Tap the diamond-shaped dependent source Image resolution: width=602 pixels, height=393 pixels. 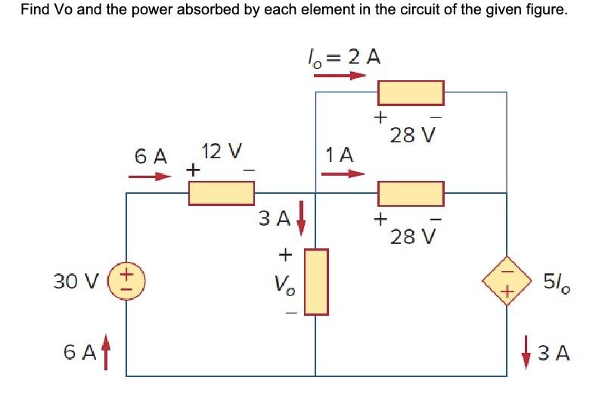[x=506, y=282]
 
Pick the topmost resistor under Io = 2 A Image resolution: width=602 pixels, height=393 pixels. [x=411, y=92]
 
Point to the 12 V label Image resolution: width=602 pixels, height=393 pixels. [x=221, y=151]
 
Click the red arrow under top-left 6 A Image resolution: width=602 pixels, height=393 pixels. [x=150, y=178]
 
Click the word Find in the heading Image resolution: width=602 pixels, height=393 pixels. [x=36, y=11]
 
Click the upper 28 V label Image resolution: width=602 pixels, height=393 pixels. [x=413, y=136]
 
